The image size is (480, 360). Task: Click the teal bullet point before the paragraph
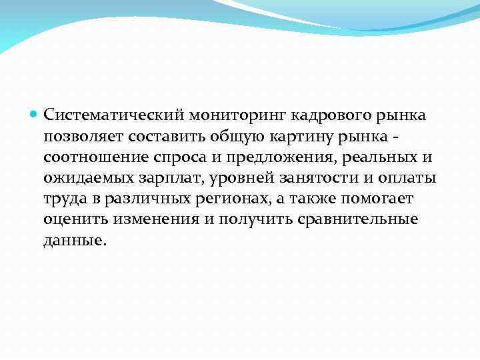coord(35,115)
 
